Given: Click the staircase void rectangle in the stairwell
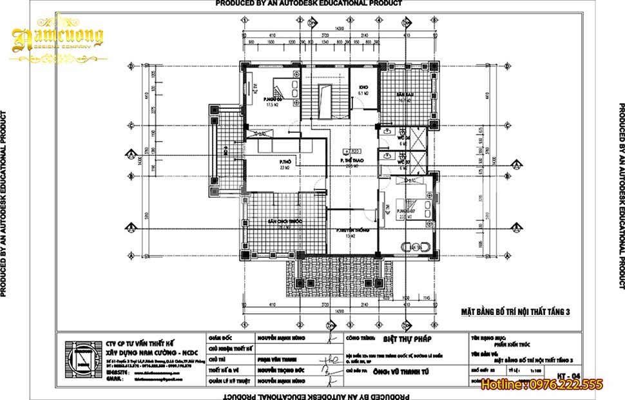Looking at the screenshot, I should [x=337, y=102].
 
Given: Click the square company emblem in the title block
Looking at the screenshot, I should [x=77, y=359].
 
